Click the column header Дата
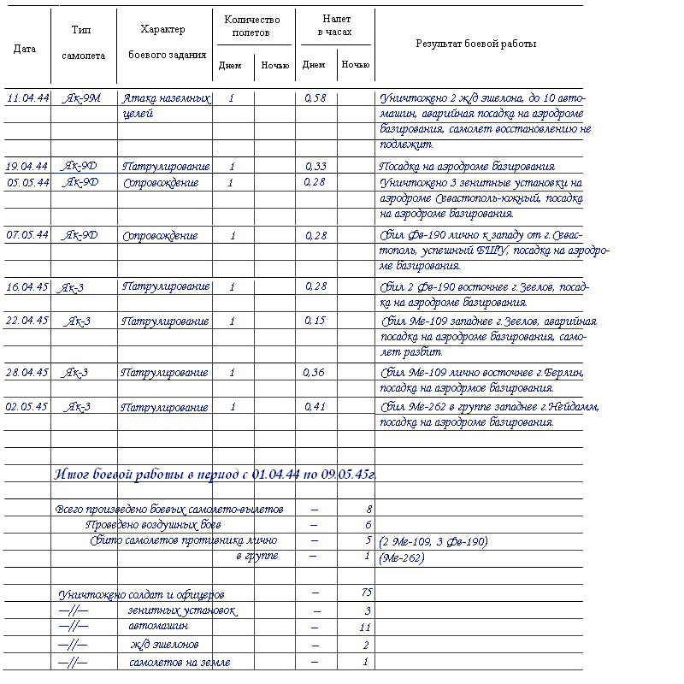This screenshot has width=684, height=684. point(25,49)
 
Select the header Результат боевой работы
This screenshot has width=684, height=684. point(476,44)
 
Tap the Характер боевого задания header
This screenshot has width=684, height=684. point(162,42)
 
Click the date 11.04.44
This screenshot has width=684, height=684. point(27,98)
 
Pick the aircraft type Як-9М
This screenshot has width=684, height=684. point(82,98)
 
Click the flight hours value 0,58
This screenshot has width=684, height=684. point(315,98)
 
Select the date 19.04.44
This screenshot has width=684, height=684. point(27,166)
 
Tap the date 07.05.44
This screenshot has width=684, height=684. point(27,235)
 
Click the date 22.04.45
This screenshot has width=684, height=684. point(27,321)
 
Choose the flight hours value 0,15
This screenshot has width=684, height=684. point(315,321)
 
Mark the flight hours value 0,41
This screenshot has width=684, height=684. point(315,406)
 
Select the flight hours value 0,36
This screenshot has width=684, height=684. point(315,372)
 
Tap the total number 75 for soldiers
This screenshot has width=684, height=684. point(367,593)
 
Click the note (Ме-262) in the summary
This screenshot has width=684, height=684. point(401,557)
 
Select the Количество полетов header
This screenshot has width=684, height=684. point(253,26)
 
